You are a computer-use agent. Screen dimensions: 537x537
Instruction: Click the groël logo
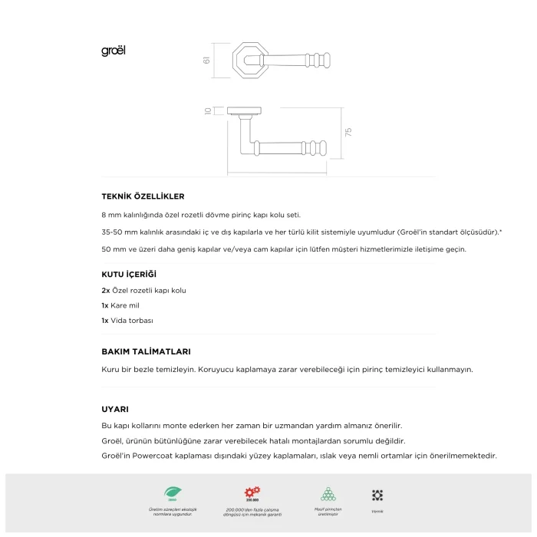[114, 51]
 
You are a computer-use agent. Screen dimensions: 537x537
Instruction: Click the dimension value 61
[207, 60]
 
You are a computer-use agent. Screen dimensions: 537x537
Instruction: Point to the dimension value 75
[348, 132]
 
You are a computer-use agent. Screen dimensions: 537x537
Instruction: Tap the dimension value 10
[208, 111]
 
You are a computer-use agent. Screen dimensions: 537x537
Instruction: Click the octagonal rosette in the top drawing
[248, 60]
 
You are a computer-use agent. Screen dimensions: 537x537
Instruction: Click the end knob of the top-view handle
[331, 58]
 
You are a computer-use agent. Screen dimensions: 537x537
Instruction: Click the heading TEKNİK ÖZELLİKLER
[143, 196]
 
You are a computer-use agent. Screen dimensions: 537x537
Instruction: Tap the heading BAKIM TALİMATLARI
[146, 351]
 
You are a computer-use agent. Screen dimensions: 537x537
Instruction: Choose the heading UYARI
[115, 409]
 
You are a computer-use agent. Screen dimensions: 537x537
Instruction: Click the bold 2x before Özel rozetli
[106, 291]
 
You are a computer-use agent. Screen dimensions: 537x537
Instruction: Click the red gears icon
[252, 493]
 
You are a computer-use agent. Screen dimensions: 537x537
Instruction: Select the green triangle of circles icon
[328, 493]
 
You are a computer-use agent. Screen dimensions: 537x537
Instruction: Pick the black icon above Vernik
[377, 496]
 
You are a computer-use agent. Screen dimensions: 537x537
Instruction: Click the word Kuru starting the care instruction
[110, 369]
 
